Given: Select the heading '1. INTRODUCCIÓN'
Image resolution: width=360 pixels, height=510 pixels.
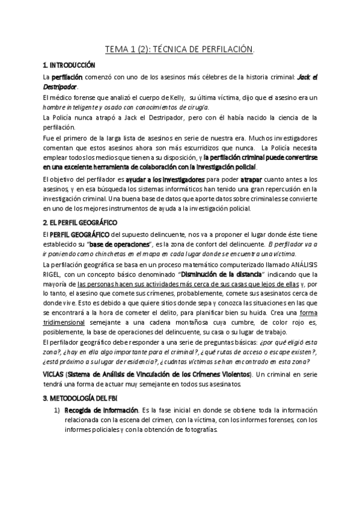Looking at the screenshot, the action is (x=69, y=64).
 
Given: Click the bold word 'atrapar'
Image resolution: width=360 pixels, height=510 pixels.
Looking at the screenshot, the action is (x=252, y=179).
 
